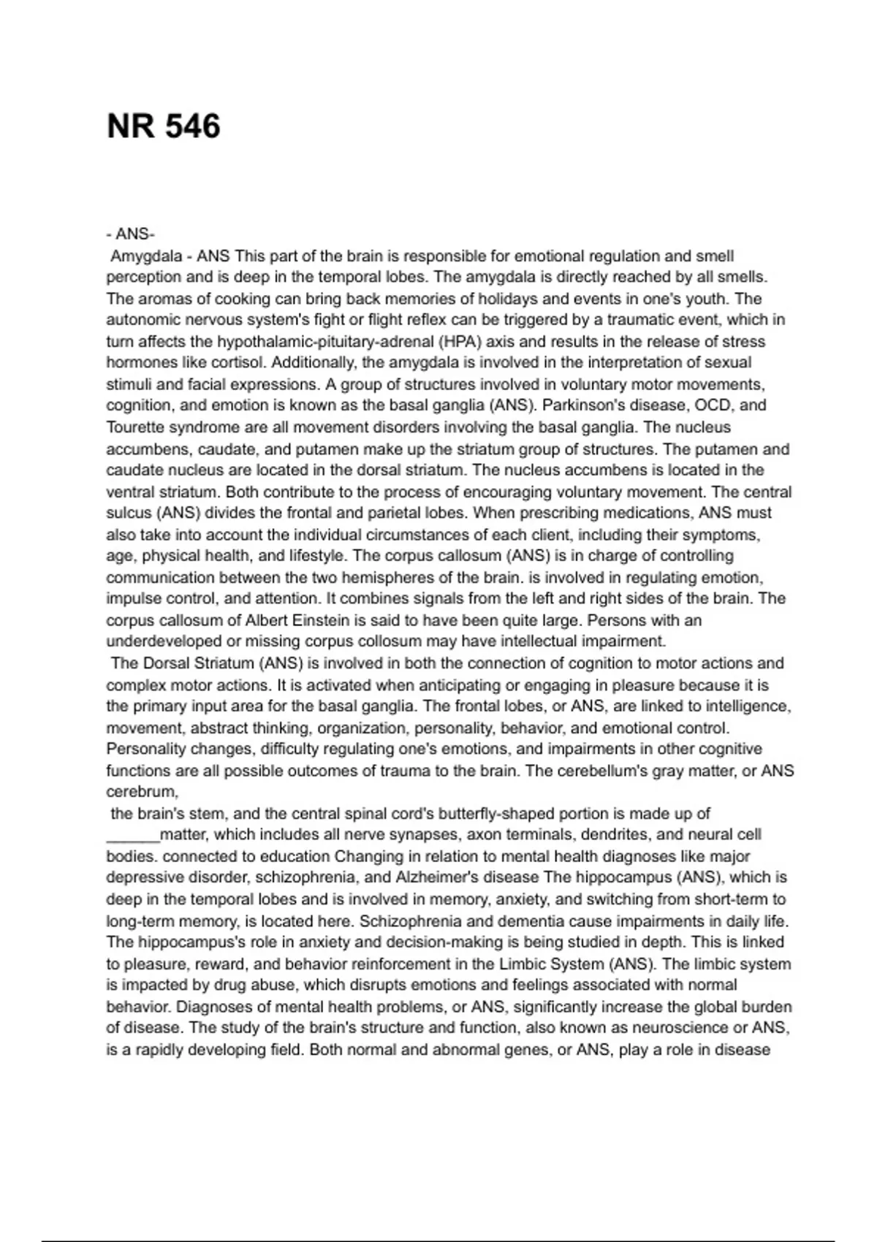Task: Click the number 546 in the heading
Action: (x=192, y=126)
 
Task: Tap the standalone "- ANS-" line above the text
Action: (x=130, y=235)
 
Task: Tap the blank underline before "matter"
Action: (x=132, y=835)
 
